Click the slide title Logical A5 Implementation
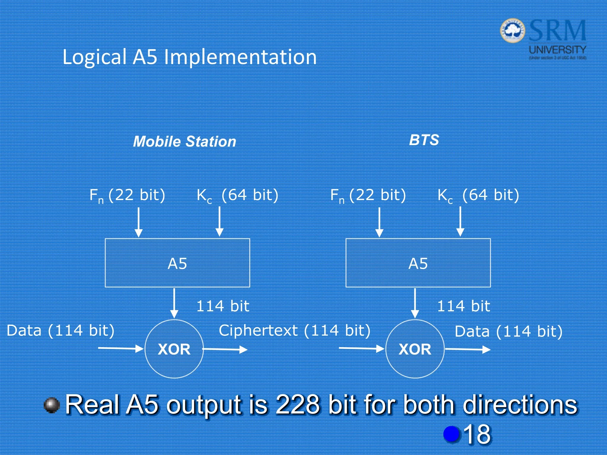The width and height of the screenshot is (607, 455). click(x=190, y=57)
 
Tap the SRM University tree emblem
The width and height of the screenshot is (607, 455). click(x=512, y=31)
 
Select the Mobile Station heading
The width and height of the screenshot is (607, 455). click(x=185, y=142)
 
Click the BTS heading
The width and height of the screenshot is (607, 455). click(x=424, y=140)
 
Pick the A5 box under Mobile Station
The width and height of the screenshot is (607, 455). click(x=177, y=263)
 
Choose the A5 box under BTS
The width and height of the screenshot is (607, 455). click(x=418, y=263)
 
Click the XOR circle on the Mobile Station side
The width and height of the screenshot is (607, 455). click(x=174, y=349)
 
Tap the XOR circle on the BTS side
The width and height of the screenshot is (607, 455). click(x=415, y=349)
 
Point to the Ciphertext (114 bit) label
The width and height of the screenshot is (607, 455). click(x=295, y=331)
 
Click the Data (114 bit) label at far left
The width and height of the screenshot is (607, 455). click(x=60, y=331)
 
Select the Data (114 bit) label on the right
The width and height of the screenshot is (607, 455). click(x=509, y=331)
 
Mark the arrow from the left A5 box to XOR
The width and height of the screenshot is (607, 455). click(x=174, y=303)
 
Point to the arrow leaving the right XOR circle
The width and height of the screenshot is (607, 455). click(x=468, y=350)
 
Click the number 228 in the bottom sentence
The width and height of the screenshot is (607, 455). click(x=298, y=405)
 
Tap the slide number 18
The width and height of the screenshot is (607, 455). click(x=477, y=434)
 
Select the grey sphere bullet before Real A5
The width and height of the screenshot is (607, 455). click(x=52, y=405)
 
